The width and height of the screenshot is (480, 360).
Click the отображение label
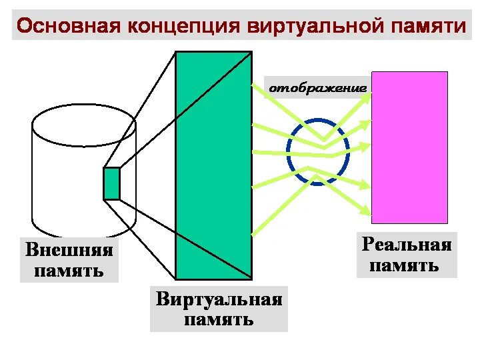[x=318, y=88]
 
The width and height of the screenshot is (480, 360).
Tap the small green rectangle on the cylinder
[x=111, y=183]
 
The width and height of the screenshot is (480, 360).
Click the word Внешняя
[x=69, y=251]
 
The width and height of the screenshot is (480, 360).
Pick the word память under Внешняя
[x=69, y=271]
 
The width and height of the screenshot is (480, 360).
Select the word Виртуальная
[x=219, y=299]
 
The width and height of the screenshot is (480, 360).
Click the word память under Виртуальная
[x=219, y=319]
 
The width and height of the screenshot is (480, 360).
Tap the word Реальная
[x=407, y=245]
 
